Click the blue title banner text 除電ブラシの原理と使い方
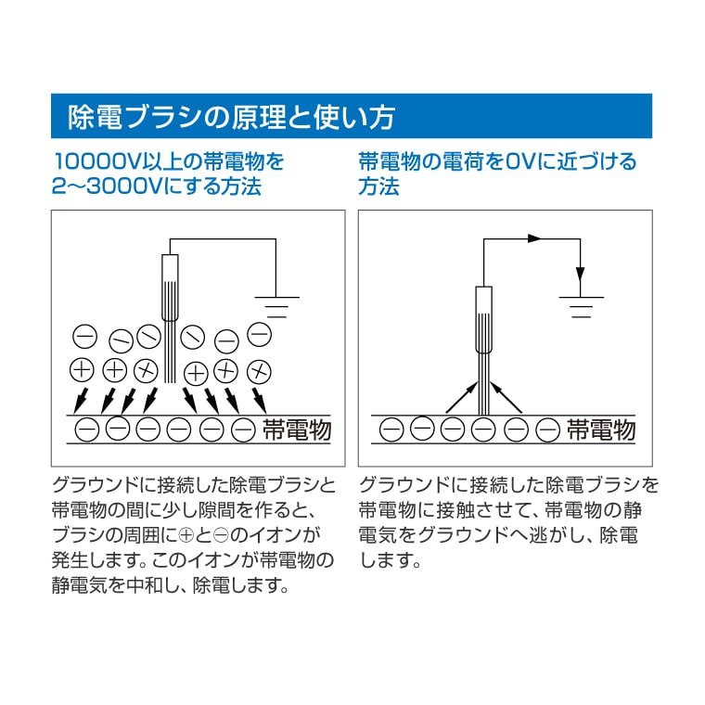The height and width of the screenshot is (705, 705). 231,117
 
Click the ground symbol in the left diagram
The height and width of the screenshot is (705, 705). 276,307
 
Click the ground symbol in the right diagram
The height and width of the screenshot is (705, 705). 581,307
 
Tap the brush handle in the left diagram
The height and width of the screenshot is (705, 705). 170,288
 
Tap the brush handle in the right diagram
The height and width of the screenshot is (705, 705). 484,319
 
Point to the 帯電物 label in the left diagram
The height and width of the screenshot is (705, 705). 297,429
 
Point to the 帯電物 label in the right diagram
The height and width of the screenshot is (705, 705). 601,429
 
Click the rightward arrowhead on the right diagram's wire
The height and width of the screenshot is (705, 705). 534,238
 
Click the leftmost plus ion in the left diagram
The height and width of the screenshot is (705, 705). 82,370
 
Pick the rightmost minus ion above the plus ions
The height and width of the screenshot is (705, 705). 260,335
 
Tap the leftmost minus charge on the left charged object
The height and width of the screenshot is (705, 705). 86,429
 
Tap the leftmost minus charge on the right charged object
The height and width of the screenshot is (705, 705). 391,429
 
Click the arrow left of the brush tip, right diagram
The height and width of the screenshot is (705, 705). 462,397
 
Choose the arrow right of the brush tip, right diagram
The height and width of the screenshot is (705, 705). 506,397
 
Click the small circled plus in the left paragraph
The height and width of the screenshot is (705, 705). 186,535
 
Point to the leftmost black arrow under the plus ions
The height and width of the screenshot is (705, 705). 81,400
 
